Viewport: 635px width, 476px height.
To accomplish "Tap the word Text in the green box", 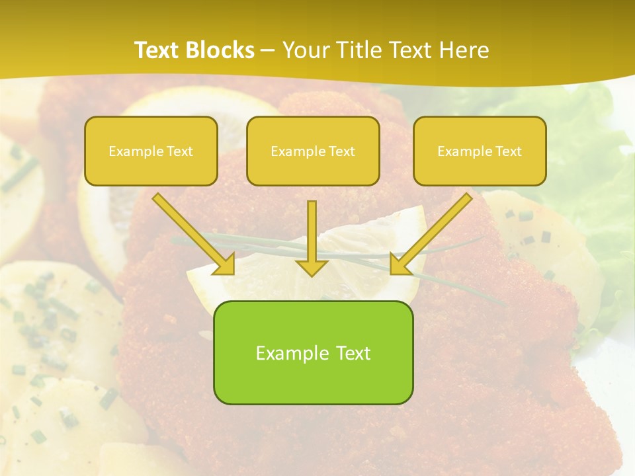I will pos(353,353).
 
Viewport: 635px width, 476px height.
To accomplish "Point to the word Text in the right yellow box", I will pos(508,151).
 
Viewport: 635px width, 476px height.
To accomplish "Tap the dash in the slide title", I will pos(268,50).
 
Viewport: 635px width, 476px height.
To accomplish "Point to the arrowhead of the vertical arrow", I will pos(312,268).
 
